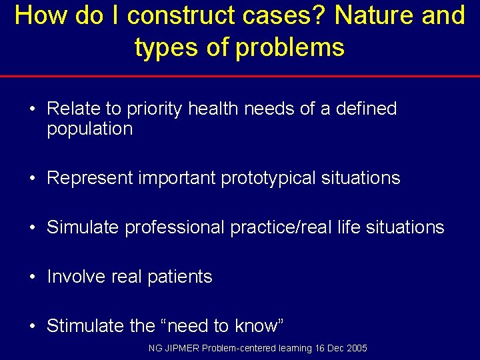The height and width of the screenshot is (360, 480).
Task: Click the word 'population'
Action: point(90,129)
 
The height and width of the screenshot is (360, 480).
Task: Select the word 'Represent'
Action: point(90,179)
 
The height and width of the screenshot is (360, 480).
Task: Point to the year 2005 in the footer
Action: point(356,349)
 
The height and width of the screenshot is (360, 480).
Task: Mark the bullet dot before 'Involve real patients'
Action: point(33,277)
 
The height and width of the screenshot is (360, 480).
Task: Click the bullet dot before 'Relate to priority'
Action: point(33,109)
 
